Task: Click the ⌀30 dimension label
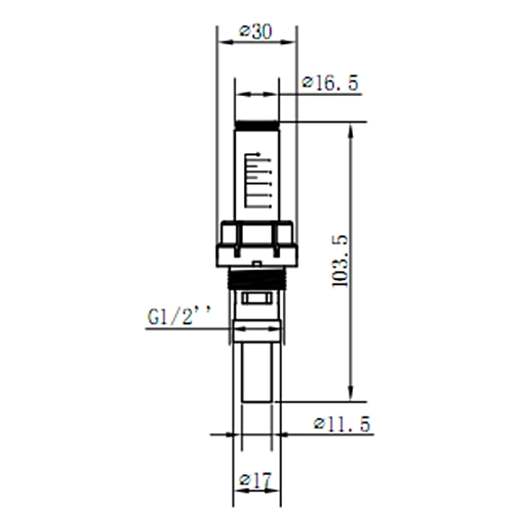[255, 32]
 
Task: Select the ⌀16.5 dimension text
[330, 83]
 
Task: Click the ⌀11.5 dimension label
[342, 424]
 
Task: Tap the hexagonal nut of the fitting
[257, 234]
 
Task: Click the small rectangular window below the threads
[257, 298]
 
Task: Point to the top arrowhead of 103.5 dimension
[350, 129]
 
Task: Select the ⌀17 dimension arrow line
[257, 490]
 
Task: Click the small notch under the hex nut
[257, 261]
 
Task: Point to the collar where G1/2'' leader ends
[257, 329]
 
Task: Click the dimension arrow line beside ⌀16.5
[257, 94]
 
